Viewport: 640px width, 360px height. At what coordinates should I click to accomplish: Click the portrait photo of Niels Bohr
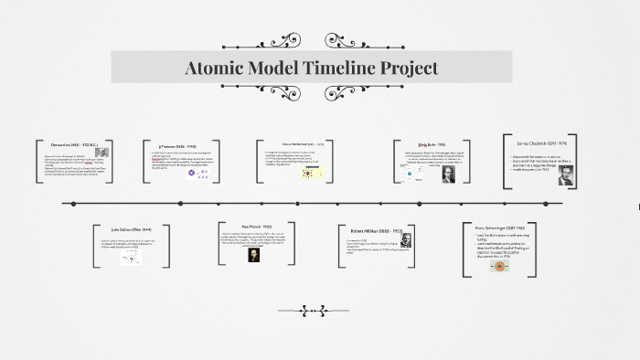(448, 174)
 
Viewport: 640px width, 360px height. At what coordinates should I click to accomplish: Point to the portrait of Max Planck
(254, 255)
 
